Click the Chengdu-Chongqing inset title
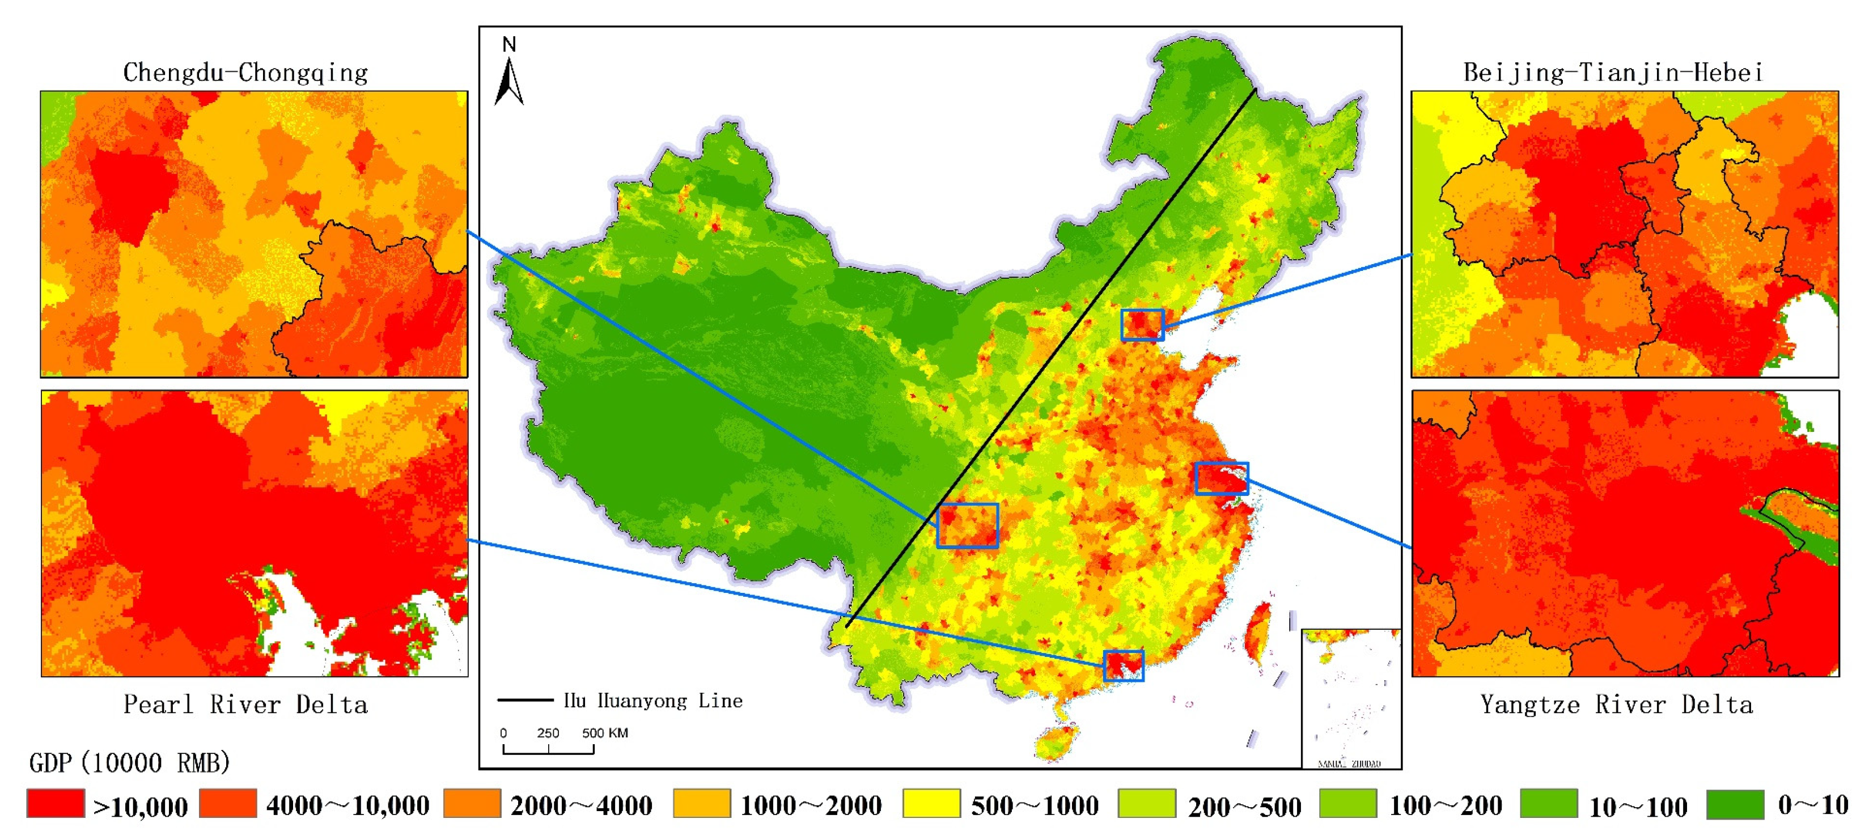point(245,73)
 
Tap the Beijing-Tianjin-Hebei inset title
point(1612,73)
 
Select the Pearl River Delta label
point(245,705)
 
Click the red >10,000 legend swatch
point(56,804)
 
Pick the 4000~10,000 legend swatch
point(228,804)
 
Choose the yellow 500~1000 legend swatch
point(931,804)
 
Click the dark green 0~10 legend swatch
point(1734,804)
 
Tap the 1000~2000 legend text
point(811,805)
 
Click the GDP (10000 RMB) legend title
point(129,762)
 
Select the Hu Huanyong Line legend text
point(653,701)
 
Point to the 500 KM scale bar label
point(604,733)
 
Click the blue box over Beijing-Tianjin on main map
point(1142,325)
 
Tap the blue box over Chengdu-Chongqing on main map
point(967,525)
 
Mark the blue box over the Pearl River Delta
point(1123,665)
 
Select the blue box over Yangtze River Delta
point(1222,478)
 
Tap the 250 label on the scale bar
point(548,733)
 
